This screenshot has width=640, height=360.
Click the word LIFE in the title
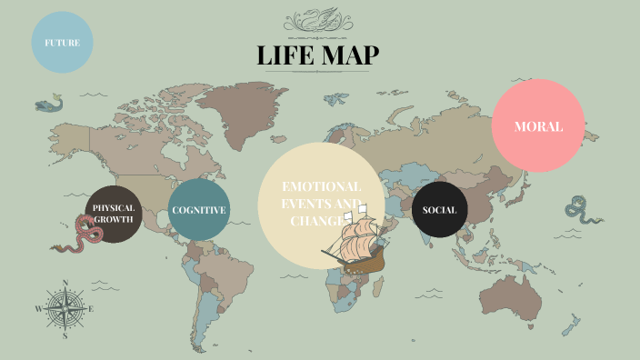(x=285, y=55)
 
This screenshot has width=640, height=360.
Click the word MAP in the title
(x=350, y=55)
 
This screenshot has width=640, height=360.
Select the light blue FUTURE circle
(x=63, y=42)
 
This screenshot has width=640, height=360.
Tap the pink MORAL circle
(x=537, y=126)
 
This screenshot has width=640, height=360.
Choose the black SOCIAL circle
(x=440, y=210)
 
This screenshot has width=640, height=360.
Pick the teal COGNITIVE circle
(x=199, y=210)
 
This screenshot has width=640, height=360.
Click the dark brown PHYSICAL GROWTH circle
(x=114, y=213)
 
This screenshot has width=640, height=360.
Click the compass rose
(x=65, y=309)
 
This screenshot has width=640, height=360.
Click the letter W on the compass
(x=38, y=309)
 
